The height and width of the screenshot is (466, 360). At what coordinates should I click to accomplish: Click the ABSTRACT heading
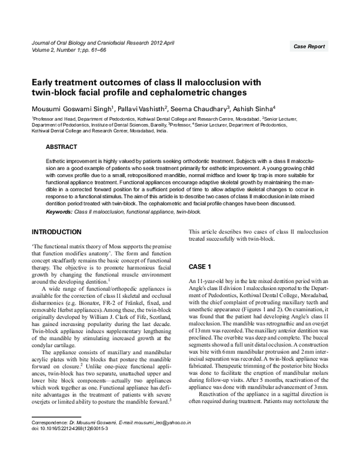pyautogui.click(x=62, y=147)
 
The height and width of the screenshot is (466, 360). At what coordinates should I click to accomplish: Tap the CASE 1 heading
pyautogui.click(x=200, y=266)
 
